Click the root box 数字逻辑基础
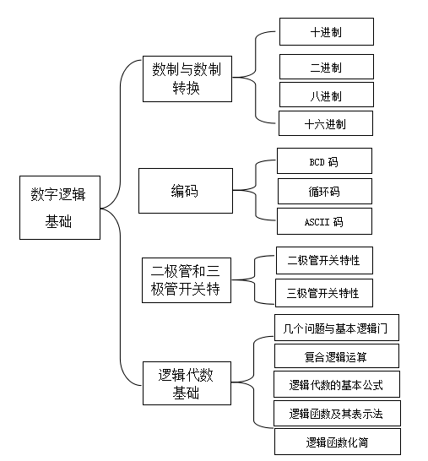point(60,208)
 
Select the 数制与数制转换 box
point(187,79)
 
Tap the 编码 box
point(186,191)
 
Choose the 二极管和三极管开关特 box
point(187,280)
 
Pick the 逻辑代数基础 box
point(187,383)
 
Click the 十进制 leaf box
point(327,31)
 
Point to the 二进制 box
point(327,67)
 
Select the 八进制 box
point(327,95)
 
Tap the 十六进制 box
point(326,123)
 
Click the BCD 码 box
point(324,160)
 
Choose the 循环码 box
point(325,191)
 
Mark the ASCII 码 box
point(324,221)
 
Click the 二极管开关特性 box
point(324,261)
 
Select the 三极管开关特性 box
point(324,293)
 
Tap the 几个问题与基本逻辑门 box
point(337,328)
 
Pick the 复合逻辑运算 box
point(337,356)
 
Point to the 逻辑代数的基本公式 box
point(337,384)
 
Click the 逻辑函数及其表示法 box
point(337,413)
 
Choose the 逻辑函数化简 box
point(338,442)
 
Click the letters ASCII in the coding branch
point(317,222)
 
